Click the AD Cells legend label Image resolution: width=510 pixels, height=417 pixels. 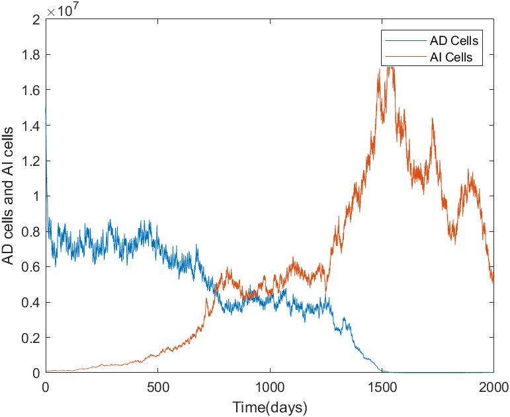click(x=454, y=41)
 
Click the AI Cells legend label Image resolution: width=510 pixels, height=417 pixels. click(x=452, y=57)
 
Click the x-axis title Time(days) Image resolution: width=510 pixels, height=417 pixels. click(x=270, y=406)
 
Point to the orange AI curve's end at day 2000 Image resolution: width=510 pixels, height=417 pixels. click(x=493, y=280)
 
